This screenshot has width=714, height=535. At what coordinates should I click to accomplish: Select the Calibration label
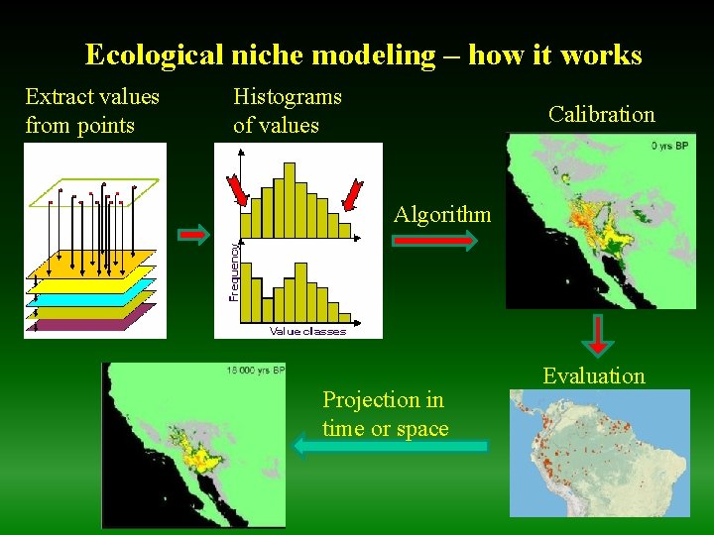[601, 114]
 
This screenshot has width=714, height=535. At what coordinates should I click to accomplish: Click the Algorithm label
[441, 214]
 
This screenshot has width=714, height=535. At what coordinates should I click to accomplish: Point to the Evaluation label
[593, 375]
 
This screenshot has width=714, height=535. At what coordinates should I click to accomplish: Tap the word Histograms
[287, 96]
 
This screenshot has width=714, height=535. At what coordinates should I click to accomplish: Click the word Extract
[60, 96]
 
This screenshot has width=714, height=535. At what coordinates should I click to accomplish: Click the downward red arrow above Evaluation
[598, 336]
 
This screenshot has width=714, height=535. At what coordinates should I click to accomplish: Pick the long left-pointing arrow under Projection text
[391, 447]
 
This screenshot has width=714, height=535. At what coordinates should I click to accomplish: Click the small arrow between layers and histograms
[194, 234]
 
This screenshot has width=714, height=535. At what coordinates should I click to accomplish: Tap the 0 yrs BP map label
[669, 145]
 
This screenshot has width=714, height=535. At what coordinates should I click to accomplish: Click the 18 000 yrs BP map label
[256, 371]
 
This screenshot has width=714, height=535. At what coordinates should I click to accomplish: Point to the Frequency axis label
[234, 270]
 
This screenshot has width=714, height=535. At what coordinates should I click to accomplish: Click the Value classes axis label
[307, 331]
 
